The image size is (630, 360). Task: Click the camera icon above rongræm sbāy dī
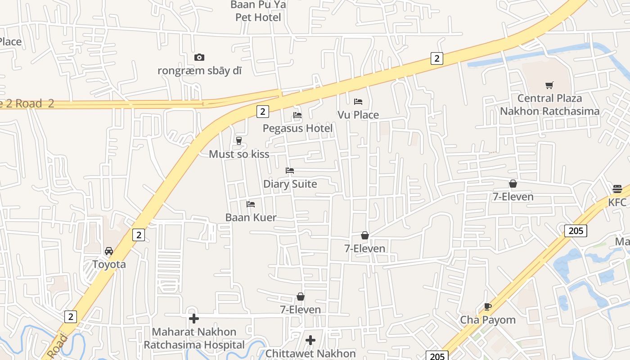pyautogui.click(x=199, y=57)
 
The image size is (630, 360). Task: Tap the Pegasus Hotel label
pyautogui.click(x=297, y=128)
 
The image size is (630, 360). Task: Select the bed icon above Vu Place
pyautogui.click(x=358, y=101)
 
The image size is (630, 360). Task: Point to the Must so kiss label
pyautogui.click(x=239, y=154)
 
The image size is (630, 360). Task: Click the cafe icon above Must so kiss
pyautogui.click(x=239, y=141)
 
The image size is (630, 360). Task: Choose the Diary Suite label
pyautogui.click(x=290, y=184)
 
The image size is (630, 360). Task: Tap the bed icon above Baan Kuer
pyautogui.click(x=251, y=204)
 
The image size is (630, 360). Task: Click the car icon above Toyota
pyautogui.click(x=109, y=251)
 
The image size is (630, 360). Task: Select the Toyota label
pyautogui.click(x=109, y=264)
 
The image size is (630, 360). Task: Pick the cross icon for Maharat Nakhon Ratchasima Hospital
pyautogui.click(x=194, y=319)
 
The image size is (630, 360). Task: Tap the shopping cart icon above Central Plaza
pyautogui.click(x=549, y=85)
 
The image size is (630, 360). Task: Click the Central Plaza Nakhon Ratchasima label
pyautogui.click(x=549, y=104)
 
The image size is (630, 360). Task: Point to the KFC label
pyautogui.click(x=617, y=202)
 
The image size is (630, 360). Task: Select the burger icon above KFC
pyautogui.click(x=617, y=189)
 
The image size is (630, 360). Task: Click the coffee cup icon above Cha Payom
pyautogui.click(x=487, y=307)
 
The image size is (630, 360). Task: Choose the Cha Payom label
pyautogui.click(x=487, y=320)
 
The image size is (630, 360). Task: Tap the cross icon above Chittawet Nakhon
pyautogui.click(x=310, y=340)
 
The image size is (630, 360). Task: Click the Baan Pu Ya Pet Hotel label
pyautogui.click(x=258, y=11)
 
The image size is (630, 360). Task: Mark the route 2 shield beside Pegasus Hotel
pyautogui.click(x=262, y=111)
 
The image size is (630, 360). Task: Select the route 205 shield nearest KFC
pyautogui.click(x=576, y=231)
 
